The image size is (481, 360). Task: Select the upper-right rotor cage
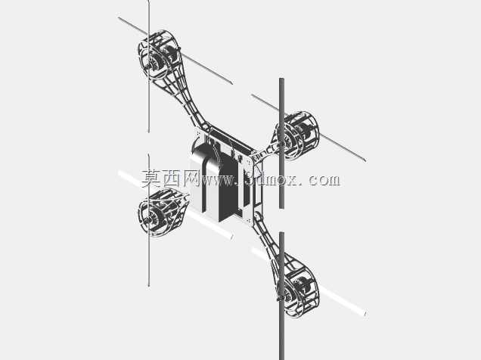298,135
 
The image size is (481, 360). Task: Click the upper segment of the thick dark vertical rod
281,143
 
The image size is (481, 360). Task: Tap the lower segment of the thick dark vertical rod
281,296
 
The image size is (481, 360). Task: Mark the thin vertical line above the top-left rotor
149,67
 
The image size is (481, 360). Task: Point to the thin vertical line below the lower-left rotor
149,221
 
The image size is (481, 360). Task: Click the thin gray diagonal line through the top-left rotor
175,50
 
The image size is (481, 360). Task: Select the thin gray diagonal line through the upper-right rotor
309,128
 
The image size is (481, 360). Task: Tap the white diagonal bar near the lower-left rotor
175,205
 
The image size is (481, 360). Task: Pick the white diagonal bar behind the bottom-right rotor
309,282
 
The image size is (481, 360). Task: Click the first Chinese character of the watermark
151,178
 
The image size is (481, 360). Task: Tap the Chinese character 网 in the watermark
191,178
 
